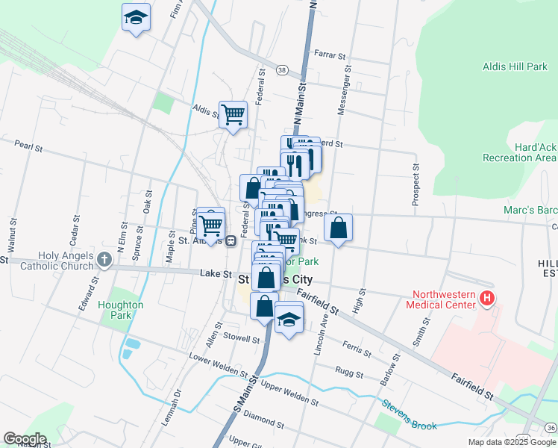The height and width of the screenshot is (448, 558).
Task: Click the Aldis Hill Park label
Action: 515,66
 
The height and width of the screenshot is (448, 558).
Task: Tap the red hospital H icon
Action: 487,299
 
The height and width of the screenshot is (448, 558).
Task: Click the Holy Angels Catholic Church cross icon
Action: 104,260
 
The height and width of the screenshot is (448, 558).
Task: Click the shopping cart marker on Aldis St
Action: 233,114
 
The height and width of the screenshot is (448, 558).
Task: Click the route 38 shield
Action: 281,69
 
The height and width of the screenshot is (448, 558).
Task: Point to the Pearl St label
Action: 25,146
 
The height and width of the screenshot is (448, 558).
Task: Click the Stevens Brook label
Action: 410,416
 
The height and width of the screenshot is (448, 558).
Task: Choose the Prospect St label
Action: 416,185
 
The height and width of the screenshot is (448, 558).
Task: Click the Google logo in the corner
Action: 24,439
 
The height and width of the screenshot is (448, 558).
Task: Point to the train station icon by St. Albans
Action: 232,240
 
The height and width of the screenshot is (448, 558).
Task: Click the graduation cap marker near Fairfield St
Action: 289,321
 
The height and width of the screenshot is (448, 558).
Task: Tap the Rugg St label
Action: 348,371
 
